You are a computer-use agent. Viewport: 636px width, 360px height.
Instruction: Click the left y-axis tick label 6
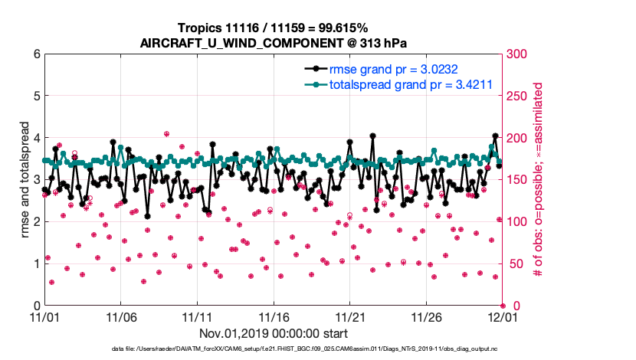(36, 54)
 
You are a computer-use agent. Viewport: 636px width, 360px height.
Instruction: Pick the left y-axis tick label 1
(36, 263)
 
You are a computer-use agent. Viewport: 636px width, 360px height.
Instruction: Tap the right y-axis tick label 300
(515, 54)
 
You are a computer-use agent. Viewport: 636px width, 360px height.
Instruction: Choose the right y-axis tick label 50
(512, 263)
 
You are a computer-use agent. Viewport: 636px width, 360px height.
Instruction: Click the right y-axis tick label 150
(515, 180)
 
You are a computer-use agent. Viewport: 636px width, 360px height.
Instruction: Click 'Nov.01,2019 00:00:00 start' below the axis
(273, 333)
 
